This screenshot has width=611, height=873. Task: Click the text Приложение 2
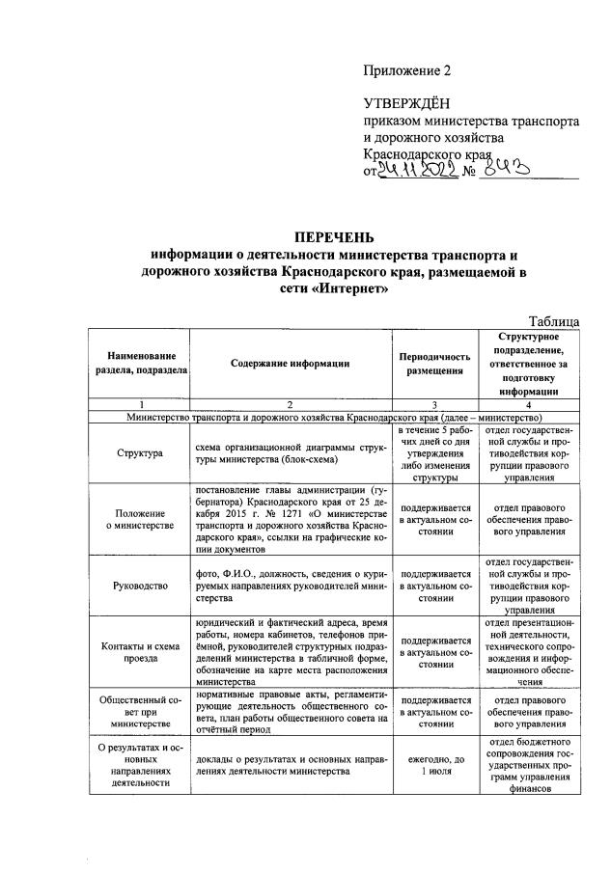click(406, 70)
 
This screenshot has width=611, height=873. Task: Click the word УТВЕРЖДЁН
click(406, 104)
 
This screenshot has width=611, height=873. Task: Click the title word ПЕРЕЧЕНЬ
click(334, 237)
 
